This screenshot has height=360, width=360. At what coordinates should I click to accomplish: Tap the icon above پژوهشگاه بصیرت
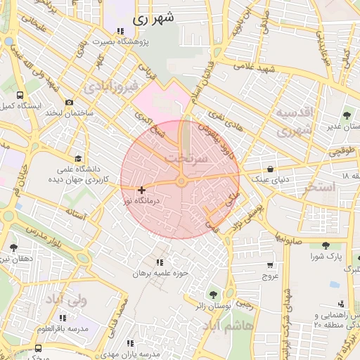(x=120, y=31)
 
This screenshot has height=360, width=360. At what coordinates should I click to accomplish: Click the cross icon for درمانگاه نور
(x=142, y=190)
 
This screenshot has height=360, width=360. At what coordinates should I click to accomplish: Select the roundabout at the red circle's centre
(x=181, y=182)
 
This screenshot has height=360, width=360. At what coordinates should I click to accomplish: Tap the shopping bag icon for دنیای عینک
(x=271, y=168)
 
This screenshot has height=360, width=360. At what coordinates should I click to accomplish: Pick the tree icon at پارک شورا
(x=325, y=245)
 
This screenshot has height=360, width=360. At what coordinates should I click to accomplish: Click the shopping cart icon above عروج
(x=270, y=265)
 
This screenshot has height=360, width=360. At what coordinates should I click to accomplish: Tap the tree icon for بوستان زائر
(x=213, y=295)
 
